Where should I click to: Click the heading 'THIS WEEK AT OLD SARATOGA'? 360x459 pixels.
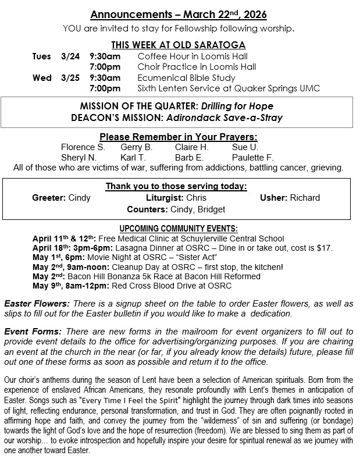point(179,45)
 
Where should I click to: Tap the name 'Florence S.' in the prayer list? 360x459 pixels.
point(83,147)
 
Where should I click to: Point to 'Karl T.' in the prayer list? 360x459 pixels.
point(133,158)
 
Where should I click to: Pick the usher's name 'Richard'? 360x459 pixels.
point(306,198)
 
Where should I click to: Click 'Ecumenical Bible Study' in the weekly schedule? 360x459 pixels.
point(186,78)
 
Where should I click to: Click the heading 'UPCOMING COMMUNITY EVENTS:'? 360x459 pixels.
point(179,229)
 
